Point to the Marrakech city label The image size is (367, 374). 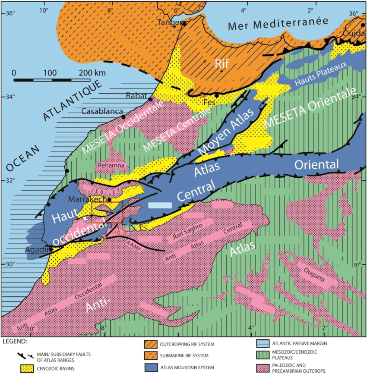point(88,199)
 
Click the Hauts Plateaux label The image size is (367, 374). point(315,79)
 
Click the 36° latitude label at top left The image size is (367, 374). point(8,13)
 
